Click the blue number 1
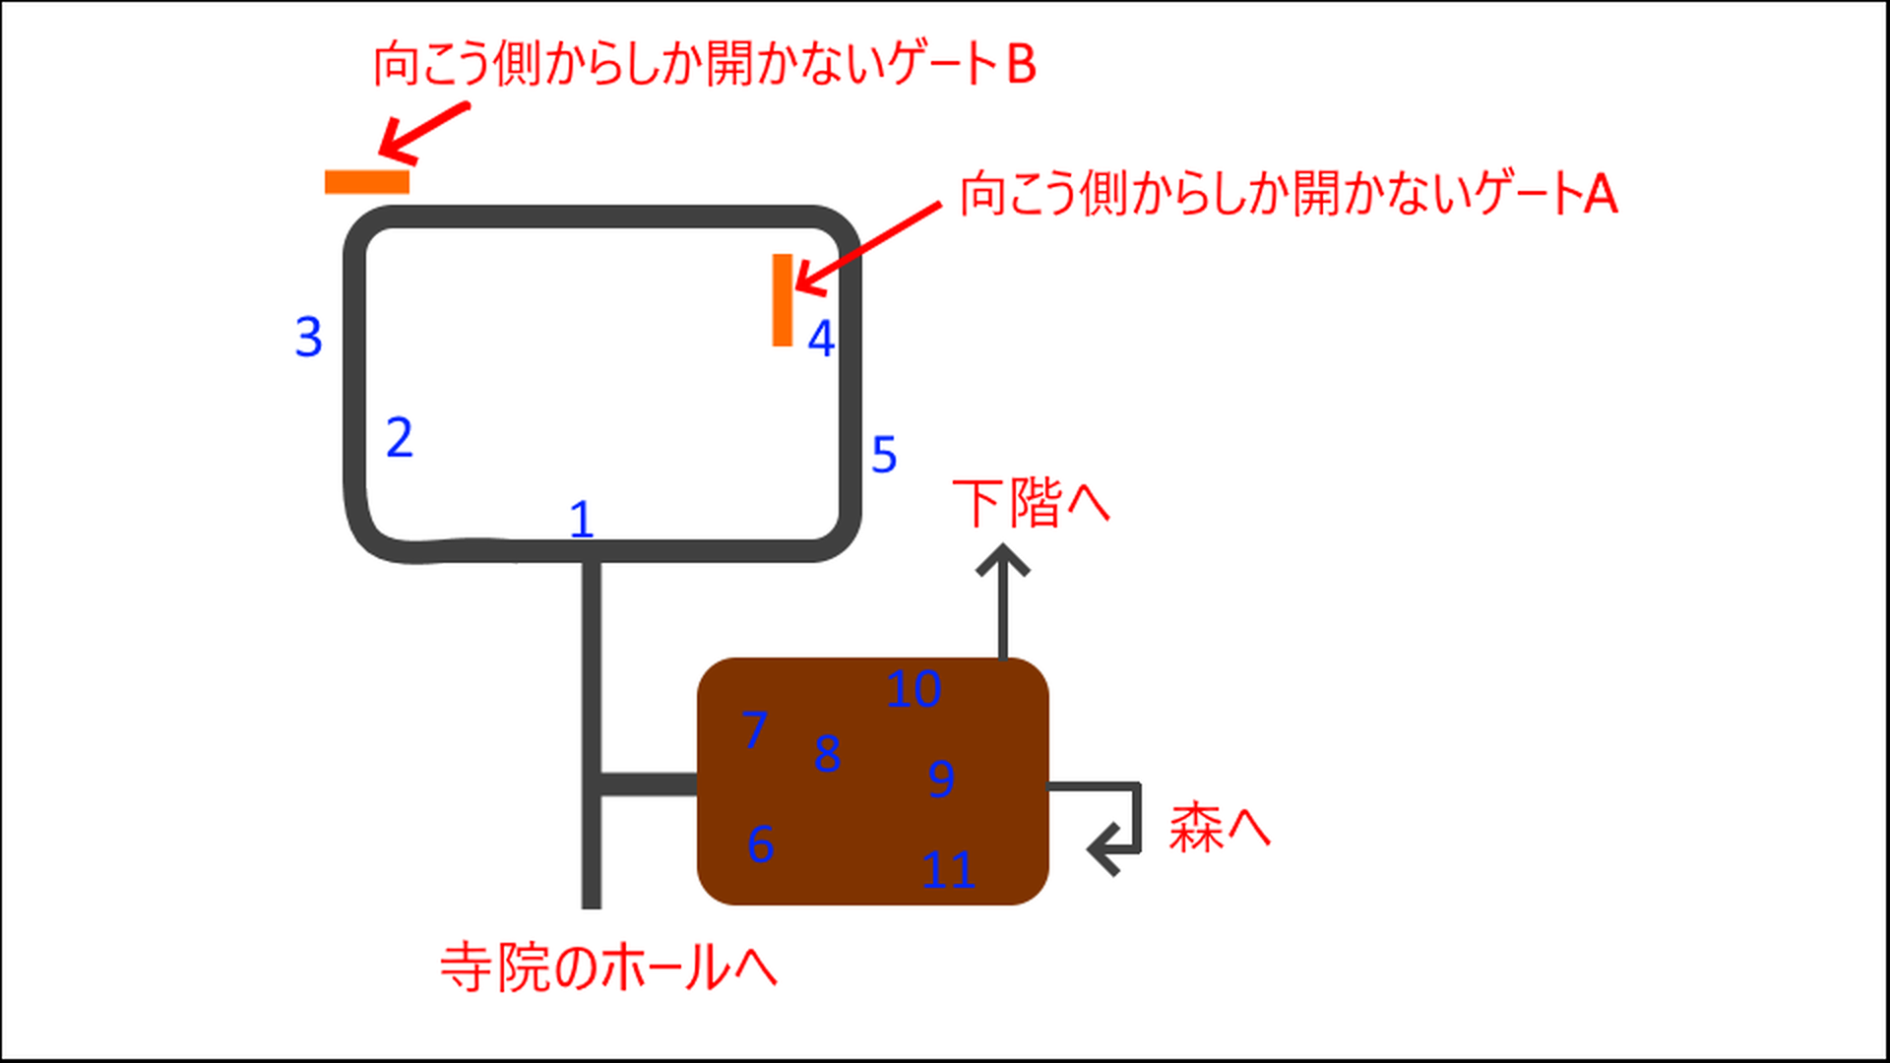point(582,519)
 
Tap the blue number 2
point(399,437)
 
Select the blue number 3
point(308,337)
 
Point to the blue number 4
point(821,339)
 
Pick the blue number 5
point(884,455)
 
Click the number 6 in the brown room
point(760,844)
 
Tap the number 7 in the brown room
point(754,730)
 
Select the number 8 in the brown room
point(827,754)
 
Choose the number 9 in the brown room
point(941,779)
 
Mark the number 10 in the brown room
point(913,689)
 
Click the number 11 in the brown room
point(948,870)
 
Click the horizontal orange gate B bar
point(367,182)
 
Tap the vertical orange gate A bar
point(783,300)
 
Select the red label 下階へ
point(1031,503)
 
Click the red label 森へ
point(1219,827)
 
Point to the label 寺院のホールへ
point(608,968)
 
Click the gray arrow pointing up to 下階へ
point(1003,600)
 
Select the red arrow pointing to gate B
point(424,132)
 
